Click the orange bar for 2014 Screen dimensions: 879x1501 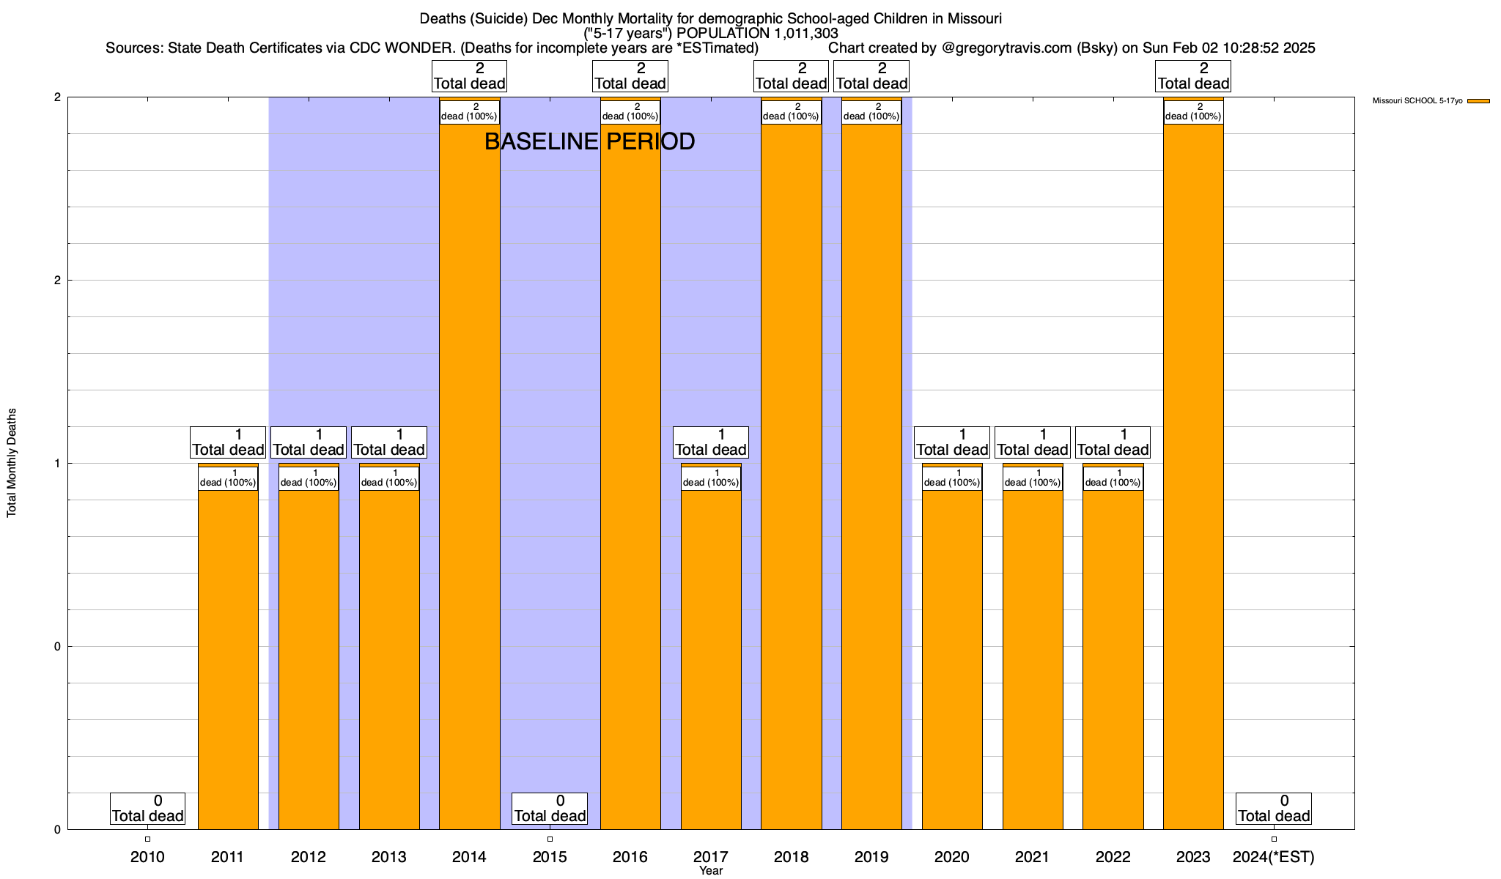(469, 476)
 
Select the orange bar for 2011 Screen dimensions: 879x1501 (228, 659)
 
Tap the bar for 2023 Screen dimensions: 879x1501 (1193, 476)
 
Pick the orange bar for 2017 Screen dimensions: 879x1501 (711, 659)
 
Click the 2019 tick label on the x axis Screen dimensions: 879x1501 (871, 857)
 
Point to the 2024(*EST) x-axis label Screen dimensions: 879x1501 (1274, 857)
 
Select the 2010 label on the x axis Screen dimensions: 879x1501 (147, 857)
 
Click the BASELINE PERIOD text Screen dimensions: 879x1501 (589, 141)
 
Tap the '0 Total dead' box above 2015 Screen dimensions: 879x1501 (550, 809)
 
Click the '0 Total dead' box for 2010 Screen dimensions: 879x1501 (147, 809)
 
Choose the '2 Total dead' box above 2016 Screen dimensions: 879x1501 (630, 76)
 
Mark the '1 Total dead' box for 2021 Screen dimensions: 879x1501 (1033, 442)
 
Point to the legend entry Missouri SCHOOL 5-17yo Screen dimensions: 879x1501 (1417, 100)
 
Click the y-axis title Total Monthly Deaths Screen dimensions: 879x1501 (12, 463)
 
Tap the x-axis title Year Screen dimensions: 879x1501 (711, 871)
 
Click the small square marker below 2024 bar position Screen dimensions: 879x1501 (1274, 839)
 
